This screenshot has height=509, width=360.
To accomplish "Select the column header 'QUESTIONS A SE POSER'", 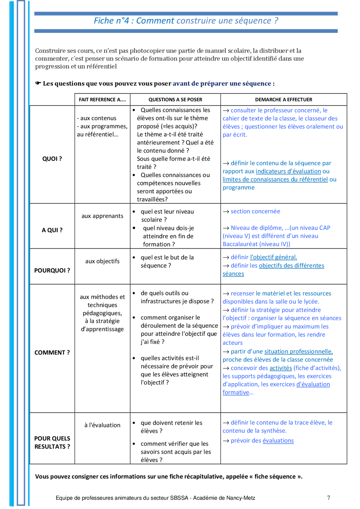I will tap(175, 100).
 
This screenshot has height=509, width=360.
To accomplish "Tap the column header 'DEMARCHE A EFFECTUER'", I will tap(283, 100).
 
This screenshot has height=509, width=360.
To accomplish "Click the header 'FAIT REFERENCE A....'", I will tap(102, 100).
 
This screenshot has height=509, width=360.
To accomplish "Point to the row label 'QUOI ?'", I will tap(52, 159).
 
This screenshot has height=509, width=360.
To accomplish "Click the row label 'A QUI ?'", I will tap(52, 230).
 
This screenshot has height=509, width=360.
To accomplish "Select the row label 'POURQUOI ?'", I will tap(52, 270).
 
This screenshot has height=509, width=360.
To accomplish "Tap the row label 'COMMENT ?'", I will tap(52, 353).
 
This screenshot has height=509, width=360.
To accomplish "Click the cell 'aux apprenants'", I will tap(102, 216).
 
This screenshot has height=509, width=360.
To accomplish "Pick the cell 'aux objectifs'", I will tap(102, 261).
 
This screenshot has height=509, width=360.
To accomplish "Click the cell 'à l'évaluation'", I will tap(102, 425).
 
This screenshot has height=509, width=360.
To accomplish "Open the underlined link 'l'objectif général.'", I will tap(273, 257).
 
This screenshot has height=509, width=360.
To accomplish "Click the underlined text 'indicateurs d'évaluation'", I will tap(288, 171).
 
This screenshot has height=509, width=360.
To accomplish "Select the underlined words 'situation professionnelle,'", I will tap(298, 352).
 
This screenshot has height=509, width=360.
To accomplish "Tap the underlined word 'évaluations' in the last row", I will tap(278, 441).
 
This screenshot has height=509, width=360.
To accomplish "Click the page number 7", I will tap(328, 498).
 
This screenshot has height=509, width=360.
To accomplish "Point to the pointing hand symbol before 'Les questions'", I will tap(38, 83).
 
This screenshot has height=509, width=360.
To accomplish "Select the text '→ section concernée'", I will tap(251, 211).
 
